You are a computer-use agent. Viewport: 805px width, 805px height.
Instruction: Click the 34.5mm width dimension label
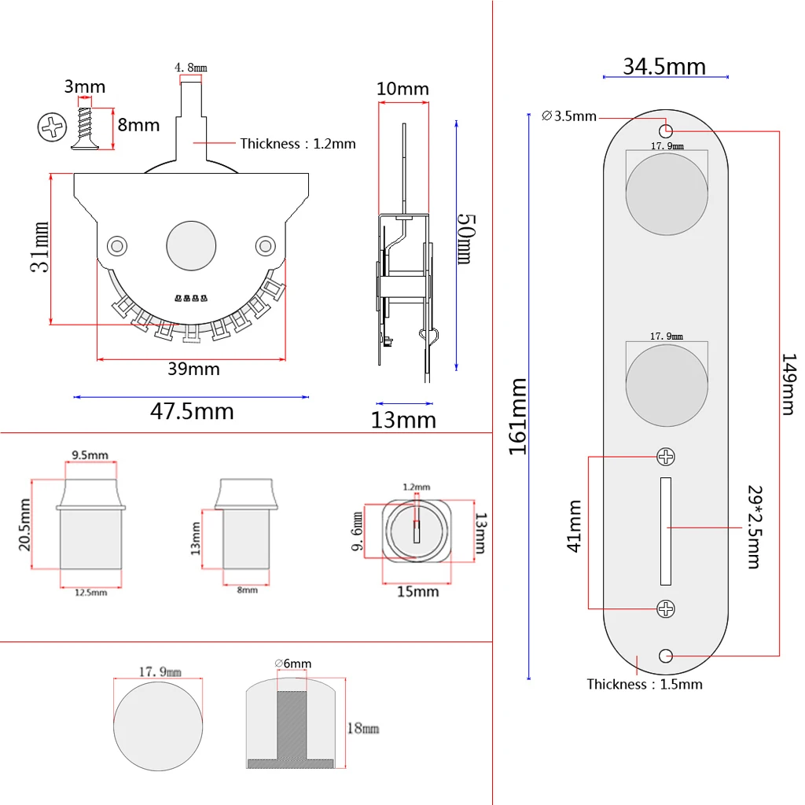click(x=664, y=66)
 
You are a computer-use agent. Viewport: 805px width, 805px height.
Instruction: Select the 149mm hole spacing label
click(x=788, y=384)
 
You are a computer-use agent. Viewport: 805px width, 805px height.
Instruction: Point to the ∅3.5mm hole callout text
click(x=569, y=116)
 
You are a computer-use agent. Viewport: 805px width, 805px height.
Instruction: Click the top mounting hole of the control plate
click(x=666, y=130)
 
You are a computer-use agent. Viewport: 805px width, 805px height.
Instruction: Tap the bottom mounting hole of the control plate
click(x=667, y=654)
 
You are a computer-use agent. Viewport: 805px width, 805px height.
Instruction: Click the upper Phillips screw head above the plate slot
click(x=666, y=457)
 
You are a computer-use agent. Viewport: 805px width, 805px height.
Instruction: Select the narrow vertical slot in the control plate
click(x=666, y=531)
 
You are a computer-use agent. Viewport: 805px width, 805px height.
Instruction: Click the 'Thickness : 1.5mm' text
click(x=645, y=684)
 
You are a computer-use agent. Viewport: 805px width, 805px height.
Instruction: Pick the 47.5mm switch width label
click(x=192, y=411)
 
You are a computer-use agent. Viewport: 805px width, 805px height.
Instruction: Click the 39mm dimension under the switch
click(x=193, y=369)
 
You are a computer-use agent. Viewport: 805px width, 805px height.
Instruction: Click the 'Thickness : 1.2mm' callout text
click(x=298, y=144)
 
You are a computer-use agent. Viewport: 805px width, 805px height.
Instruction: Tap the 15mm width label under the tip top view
click(x=417, y=591)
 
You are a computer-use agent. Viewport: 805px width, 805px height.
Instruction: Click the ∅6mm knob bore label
click(x=292, y=663)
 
